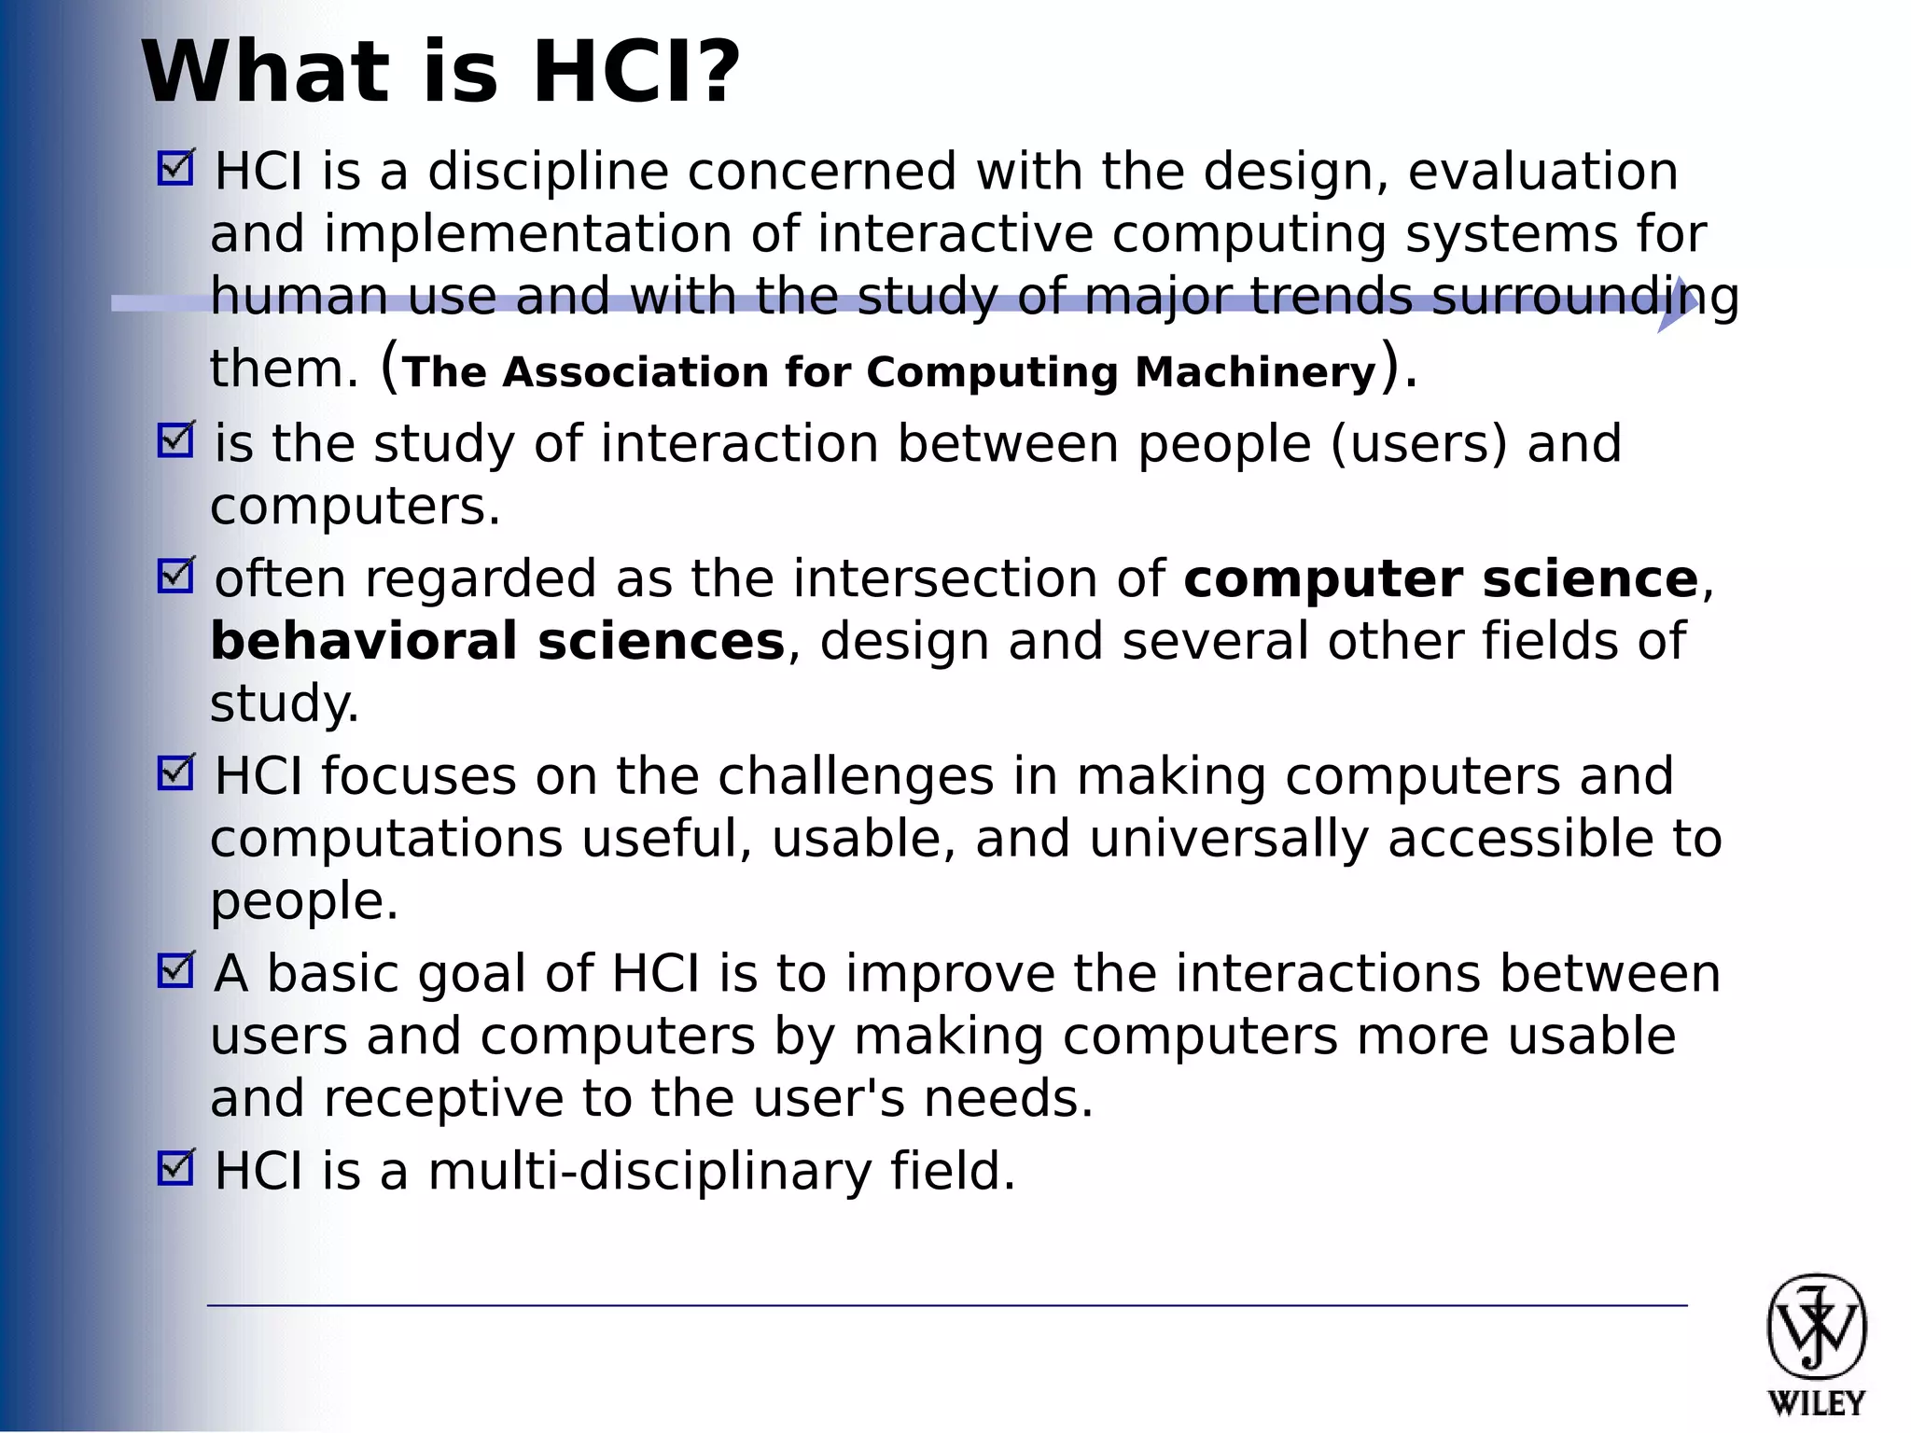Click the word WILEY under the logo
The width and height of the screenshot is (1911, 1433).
point(1816,1403)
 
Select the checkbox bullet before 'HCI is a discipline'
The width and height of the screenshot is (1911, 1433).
point(174,169)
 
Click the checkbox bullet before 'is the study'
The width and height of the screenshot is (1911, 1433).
point(174,440)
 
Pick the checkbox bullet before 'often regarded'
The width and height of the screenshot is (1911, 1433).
point(174,577)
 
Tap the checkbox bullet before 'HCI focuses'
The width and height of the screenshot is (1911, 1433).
point(174,773)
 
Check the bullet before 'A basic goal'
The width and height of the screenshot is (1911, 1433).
point(174,971)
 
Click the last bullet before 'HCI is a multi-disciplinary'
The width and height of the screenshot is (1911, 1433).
point(174,1168)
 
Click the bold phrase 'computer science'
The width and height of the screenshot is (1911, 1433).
point(1440,579)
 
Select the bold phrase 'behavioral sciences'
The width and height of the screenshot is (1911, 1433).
point(497,642)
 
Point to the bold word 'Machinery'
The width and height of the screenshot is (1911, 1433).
point(1255,372)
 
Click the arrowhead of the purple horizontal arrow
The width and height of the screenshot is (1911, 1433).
point(1678,304)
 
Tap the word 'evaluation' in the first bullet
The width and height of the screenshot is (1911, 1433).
point(1542,173)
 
